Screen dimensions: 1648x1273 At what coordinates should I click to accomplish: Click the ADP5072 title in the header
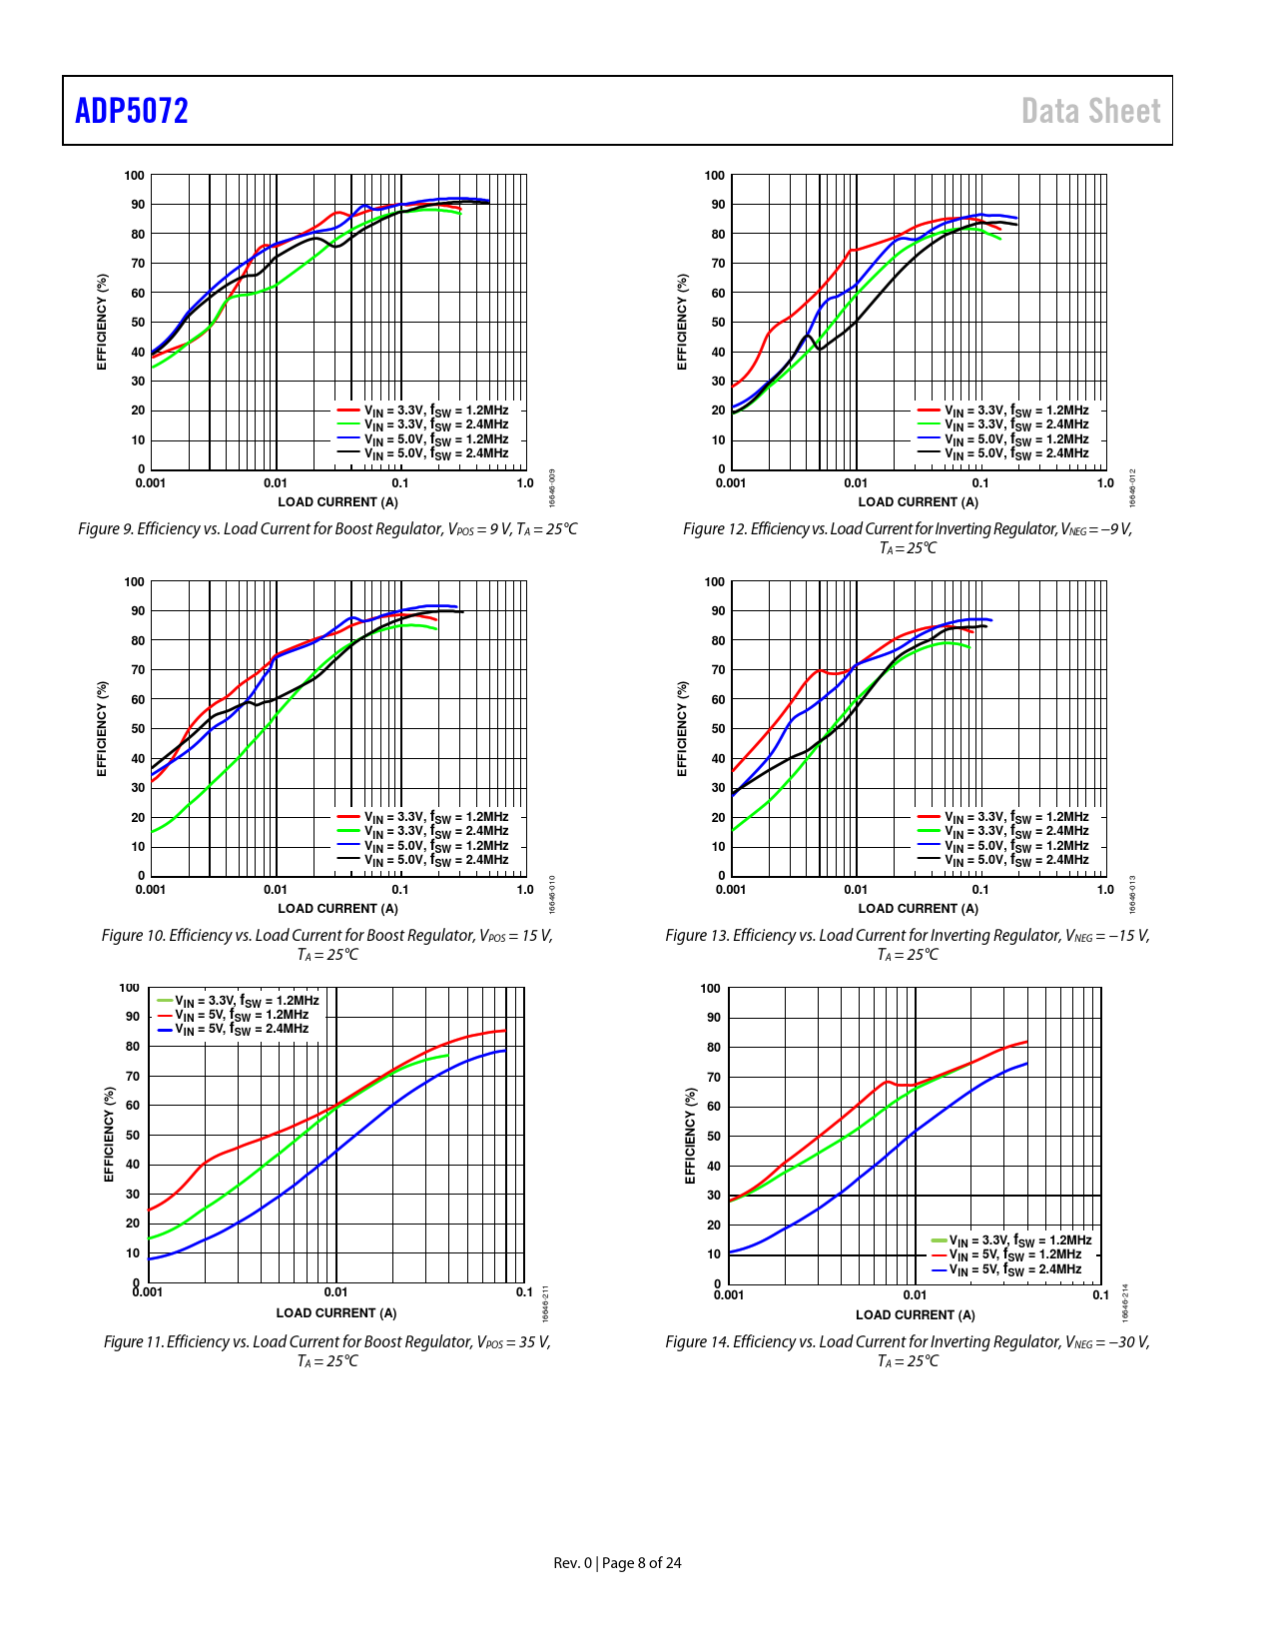pyautogui.click(x=132, y=111)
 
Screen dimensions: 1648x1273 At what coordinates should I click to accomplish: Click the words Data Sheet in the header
pyautogui.click(x=1090, y=111)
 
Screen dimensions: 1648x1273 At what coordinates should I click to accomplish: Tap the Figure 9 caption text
pyautogui.click(x=327, y=528)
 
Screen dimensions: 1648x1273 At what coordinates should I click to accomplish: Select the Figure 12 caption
pyautogui.click(x=908, y=537)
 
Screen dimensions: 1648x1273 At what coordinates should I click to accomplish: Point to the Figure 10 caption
pyautogui.click(x=327, y=944)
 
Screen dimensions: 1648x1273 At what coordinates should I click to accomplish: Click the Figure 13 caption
pyautogui.click(x=908, y=944)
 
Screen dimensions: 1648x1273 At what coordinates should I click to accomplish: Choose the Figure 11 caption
pyautogui.click(x=327, y=1350)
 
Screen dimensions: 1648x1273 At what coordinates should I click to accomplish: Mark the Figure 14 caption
pyautogui.click(x=908, y=1350)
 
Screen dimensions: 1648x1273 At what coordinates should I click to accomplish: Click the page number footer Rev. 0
pyautogui.click(x=617, y=1562)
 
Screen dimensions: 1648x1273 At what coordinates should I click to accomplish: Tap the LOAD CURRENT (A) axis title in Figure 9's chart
pyautogui.click(x=337, y=502)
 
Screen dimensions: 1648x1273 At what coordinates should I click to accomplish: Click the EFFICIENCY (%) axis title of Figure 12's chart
pyautogui.click(x=682, y=322)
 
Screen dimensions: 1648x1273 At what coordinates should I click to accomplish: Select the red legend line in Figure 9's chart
pyautogui.click(x=347, y=411)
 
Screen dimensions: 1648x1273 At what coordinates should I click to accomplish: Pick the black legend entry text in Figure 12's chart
pyautogui.click(x=1016, y=453)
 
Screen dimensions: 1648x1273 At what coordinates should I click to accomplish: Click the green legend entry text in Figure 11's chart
pyautogui.click(x=247, y=1001)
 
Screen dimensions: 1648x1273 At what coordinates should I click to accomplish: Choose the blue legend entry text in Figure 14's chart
pyautogui.click(x=1014, y=1269)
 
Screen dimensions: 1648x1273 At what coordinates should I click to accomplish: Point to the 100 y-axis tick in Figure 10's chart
pyautogui.click(x=134, y=581)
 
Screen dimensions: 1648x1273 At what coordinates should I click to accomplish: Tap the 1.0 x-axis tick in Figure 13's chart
pyautogui.click(x=1105, y=889)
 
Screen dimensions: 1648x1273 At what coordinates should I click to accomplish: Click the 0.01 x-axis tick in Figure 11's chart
pyautogui.click(x=336, y=1291)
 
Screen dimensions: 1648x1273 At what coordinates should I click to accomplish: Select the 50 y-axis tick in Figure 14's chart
pyautogui.click(x=713, y=1137)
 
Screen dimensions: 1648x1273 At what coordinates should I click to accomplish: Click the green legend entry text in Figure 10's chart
pyautogui.click(x=436, y=831)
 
